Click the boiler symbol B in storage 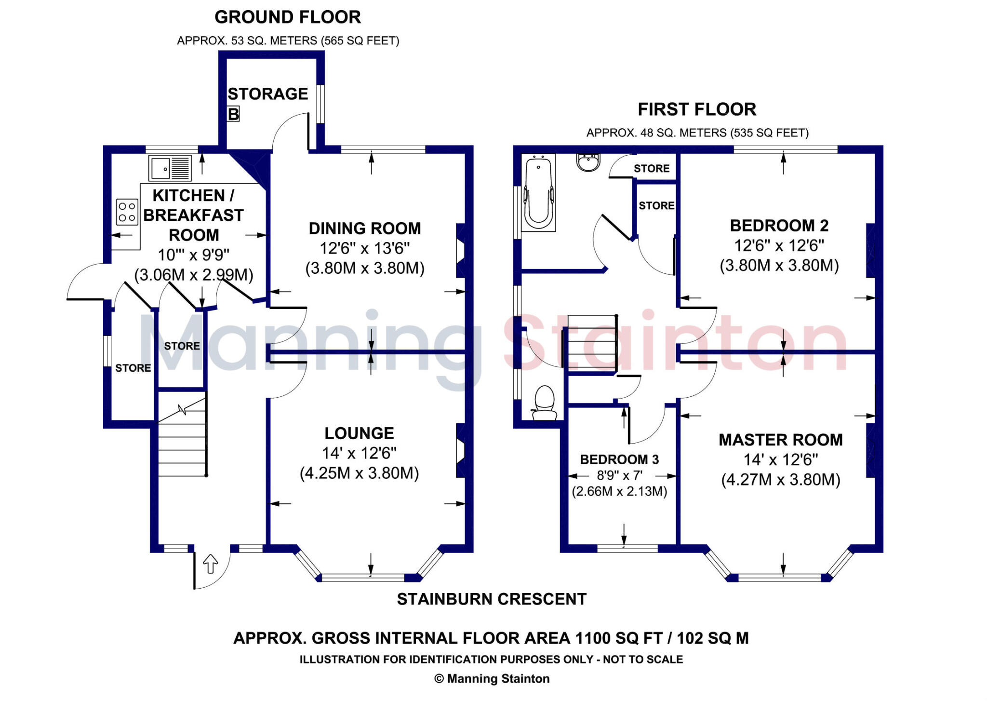(233, 114)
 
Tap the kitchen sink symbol (170, 168)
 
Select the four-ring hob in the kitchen (127, 212)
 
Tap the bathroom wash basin (588, 162)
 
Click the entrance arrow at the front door (211, 564)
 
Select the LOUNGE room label (359, 433)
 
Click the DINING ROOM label (365, 228)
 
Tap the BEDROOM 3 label (619, 459)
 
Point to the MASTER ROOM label (781, 440)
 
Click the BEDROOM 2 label (779, 225)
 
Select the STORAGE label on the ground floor (267, 94)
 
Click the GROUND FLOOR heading (288, 17)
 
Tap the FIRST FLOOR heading (697, 109)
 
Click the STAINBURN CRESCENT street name (492, 599)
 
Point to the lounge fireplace (461, 451)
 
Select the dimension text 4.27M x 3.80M (781, 480)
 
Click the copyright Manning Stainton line (492, 679)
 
